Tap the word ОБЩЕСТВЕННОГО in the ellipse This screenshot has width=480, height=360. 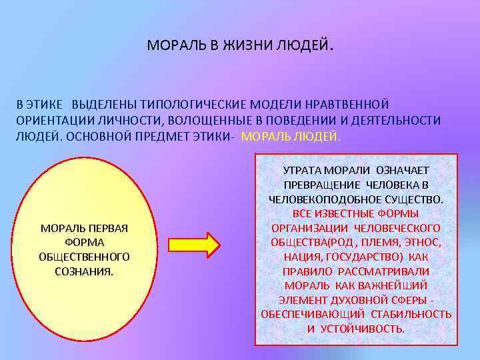pyautogui.click(x=85, y=257)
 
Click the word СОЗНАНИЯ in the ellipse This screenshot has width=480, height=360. pyautogui.click(x=85, y=271)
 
